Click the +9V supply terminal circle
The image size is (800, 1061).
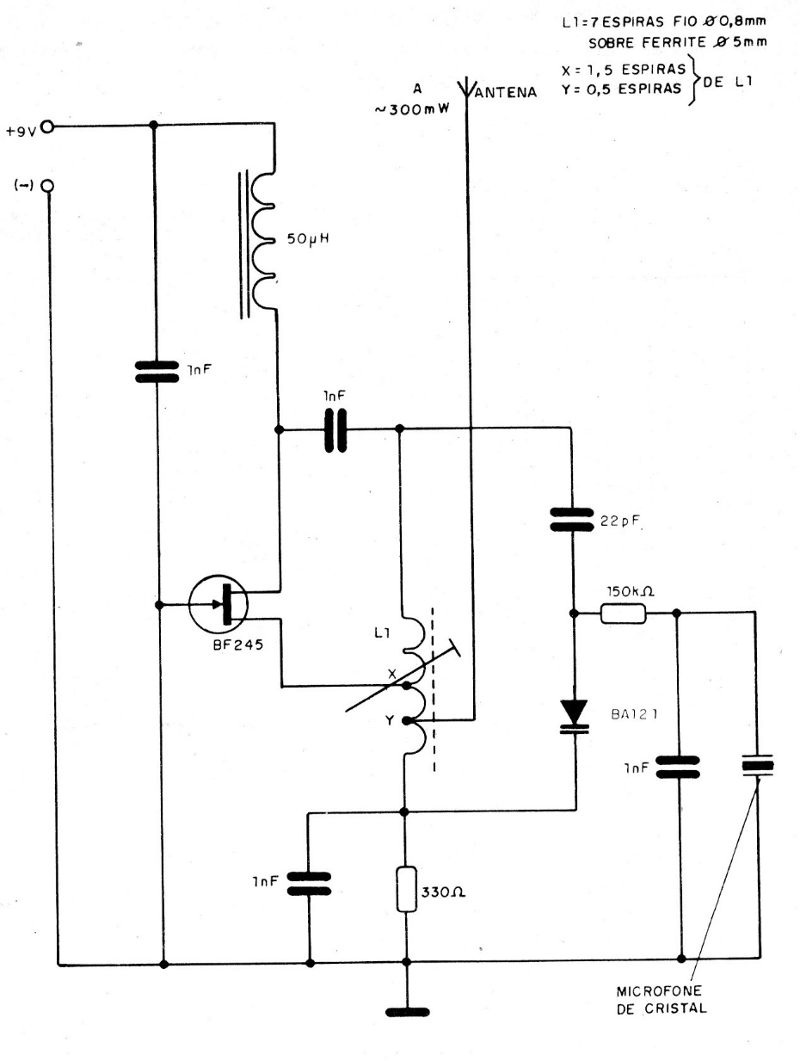(47, 126)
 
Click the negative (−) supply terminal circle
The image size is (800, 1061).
(47, 186)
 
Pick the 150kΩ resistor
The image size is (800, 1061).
(623, 614)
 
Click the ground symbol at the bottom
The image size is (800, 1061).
(405, 1013)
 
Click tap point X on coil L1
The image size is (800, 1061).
(406, 685)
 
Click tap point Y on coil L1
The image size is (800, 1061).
(406, 719)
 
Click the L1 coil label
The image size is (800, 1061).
(381, 633)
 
